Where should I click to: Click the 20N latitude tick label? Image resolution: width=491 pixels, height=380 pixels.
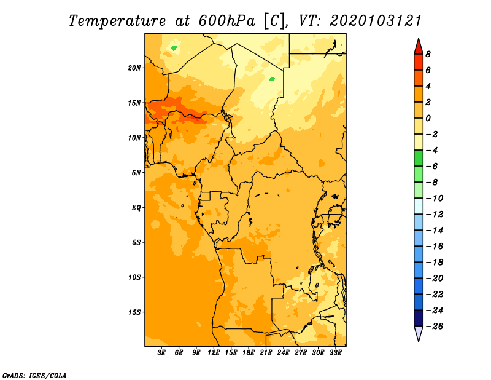(134, 68)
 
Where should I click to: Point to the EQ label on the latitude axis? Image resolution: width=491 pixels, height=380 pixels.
(136, 208)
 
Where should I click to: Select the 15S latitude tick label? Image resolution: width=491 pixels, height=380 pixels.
(134, 312)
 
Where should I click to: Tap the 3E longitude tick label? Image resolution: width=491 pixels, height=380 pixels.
(161, 352)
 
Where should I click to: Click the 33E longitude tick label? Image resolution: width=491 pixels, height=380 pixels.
(335, 352)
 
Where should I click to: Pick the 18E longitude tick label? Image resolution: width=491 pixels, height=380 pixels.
(249, 352)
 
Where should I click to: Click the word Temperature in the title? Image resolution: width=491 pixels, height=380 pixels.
(117, 21)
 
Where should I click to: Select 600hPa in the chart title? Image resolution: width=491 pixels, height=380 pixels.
(226, 21)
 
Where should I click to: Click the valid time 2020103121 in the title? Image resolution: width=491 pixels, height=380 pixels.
(375, 21)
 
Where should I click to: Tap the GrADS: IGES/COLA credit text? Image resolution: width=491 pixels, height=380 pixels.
(34, 376)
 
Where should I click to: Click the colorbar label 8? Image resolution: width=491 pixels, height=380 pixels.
(428, 54)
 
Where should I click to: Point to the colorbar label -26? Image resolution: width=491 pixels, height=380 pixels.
(435, 327)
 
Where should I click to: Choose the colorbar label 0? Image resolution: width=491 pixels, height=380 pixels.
(428, 118)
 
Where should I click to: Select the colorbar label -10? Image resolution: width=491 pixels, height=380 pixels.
(435, 199)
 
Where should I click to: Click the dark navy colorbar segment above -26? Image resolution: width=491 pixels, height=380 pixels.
(419, 318)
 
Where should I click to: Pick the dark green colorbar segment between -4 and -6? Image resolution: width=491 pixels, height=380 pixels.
(419, 158)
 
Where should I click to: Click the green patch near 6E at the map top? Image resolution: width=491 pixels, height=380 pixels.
(174, 48)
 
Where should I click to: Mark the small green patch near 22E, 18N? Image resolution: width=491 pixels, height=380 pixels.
(272, 79)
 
